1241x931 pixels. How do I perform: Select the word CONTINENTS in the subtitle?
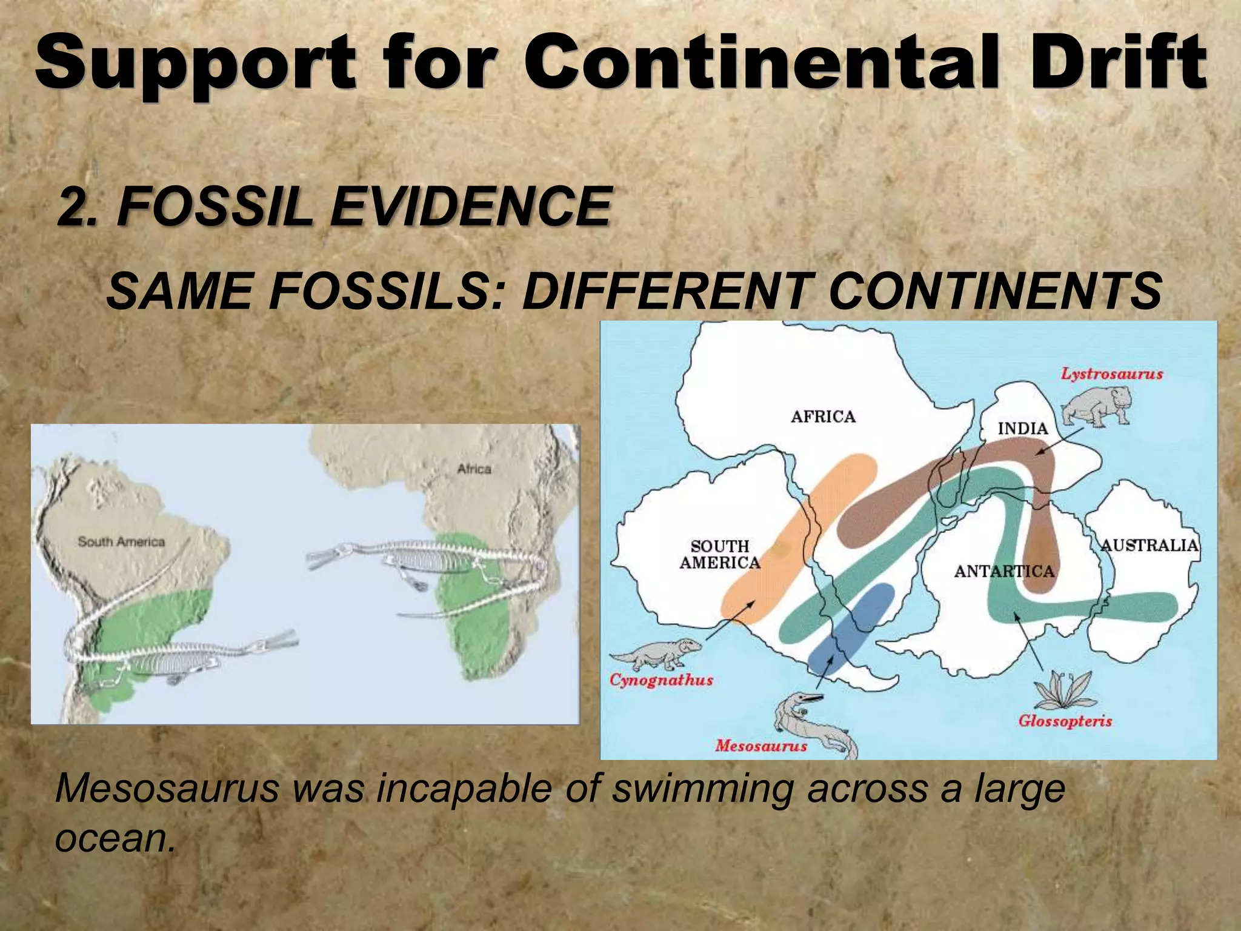[x=994, y=291]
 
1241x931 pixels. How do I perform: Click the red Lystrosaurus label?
[x=1111, y=374]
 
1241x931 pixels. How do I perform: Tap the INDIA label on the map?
[x=1023, y=429]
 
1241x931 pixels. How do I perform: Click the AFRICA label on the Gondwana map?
[x=823, y=416]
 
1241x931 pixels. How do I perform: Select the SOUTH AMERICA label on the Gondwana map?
[x=720, y=555]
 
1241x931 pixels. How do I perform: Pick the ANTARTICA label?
[x=1004, y=571]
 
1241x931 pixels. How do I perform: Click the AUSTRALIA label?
[x=1149, y=546]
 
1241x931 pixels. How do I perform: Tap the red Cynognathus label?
[x=661, y=680]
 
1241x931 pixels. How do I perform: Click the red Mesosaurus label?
[x=761, y=746]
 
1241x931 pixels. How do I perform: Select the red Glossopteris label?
[x=1065, y=721]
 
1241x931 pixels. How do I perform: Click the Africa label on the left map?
[x=474, y=469]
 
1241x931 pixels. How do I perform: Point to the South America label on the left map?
[x=121, y=542]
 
